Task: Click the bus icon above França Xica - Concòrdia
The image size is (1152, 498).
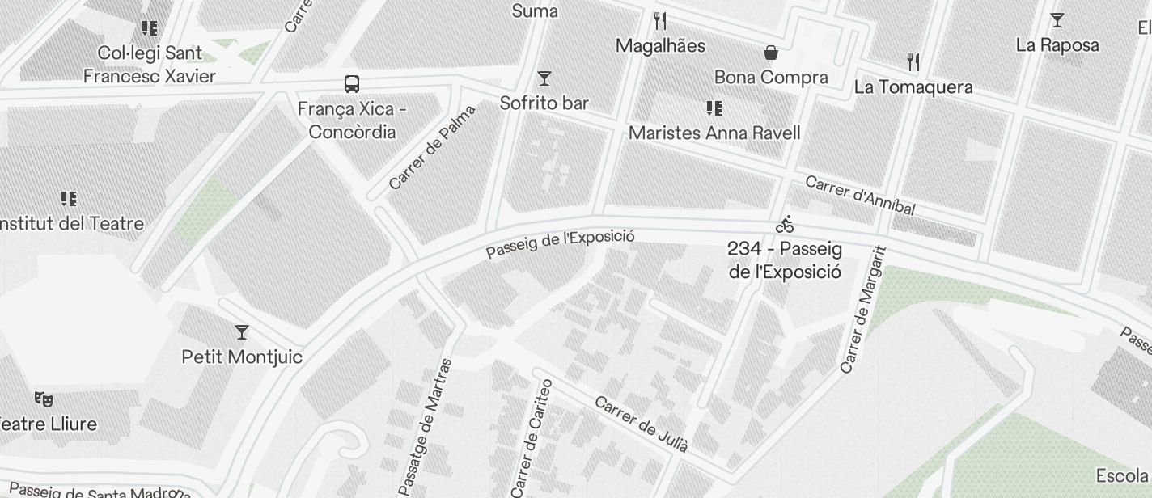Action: coord(352,84)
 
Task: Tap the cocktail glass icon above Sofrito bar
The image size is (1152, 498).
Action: coord(544,78)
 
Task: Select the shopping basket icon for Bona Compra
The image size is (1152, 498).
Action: coord(771,53)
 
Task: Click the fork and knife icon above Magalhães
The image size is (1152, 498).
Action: coord(660,21)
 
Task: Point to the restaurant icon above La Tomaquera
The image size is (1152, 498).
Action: coord(913,61)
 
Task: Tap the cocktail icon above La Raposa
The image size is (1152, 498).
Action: coord(1057,20)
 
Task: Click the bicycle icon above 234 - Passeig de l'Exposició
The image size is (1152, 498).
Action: coord(785,224)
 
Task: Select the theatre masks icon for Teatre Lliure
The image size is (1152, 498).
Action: coord(44,399)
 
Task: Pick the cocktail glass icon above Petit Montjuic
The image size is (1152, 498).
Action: coord(241,331)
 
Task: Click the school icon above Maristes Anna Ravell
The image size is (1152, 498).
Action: coord(714,108)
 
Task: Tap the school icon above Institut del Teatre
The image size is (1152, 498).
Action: coord(69,199)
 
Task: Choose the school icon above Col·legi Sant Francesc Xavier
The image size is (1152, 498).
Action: coord(150,29)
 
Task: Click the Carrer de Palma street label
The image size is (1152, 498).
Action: coord(432,148)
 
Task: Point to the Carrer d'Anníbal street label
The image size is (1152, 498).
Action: coord(860,196)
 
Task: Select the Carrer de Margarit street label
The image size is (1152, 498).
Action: coord(864,310)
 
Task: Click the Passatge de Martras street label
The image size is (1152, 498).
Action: coord(426,426)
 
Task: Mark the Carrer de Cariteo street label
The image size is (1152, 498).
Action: coord(532,437)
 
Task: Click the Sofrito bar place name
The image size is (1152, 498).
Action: coord(544,103)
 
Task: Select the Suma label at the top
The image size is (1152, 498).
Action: coord(535,11)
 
